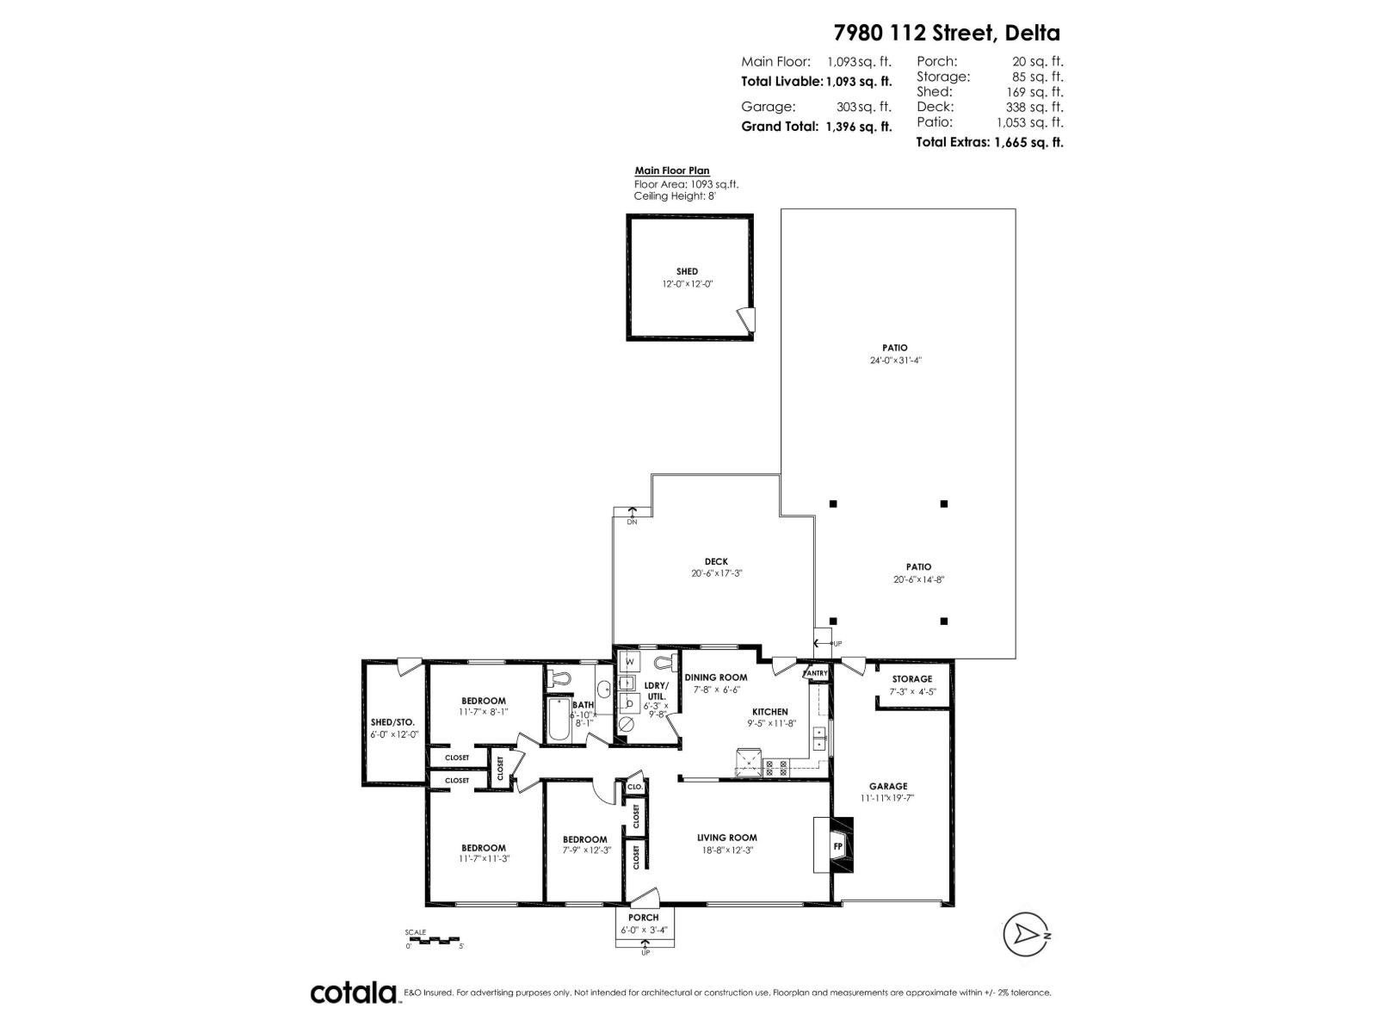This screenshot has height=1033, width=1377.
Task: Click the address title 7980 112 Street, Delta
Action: click(947, 33)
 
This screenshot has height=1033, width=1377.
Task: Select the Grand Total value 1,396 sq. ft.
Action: click(859, 127)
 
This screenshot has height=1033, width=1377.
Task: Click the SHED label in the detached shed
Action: click(687, 271)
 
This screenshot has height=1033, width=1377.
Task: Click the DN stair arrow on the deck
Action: click(632, 515)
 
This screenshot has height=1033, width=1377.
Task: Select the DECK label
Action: click(715, 561)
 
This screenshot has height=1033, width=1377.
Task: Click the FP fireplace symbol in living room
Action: click(837, 846)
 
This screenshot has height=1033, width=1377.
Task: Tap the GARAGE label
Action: click(887, 786)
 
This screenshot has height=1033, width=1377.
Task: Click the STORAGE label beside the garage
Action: click(911, 679)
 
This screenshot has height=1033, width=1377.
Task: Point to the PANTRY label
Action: click(815, 673)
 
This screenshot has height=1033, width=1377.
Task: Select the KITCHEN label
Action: click(769, 712)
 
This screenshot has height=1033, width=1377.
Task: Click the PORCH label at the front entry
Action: click(643, 918)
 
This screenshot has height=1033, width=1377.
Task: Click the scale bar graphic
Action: click(434, 938)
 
